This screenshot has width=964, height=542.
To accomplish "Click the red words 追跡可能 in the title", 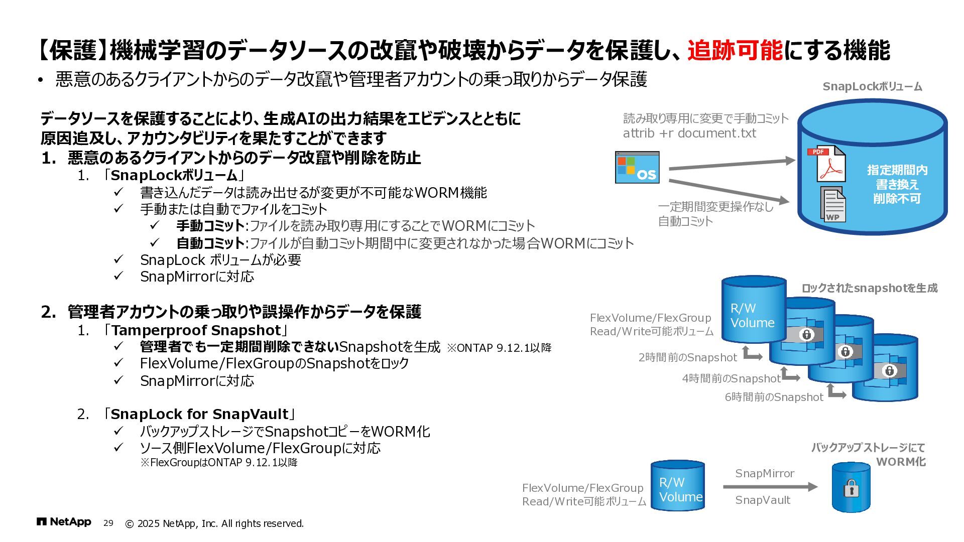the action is (735, 51).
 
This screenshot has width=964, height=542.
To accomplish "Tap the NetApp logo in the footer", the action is (64, 522).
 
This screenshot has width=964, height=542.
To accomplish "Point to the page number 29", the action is (108, 523).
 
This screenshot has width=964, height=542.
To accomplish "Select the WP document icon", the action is (833, 204).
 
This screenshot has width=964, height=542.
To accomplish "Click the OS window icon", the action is (637, 168).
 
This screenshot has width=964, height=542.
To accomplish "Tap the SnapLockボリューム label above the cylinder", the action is (872, 87).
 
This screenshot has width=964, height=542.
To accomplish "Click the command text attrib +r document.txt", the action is (689, 133).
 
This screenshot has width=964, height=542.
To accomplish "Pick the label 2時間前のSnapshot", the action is (687, 358).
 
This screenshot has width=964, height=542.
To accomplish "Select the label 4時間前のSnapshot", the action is (731, 379).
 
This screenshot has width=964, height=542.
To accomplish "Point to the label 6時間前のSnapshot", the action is (774, 397).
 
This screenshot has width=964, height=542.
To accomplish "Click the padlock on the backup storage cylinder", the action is (851, 488).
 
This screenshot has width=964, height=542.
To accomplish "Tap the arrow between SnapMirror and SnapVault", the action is (770, 487).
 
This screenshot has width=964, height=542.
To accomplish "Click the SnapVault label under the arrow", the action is (763, 500).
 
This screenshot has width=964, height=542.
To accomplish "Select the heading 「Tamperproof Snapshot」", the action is (195, 330).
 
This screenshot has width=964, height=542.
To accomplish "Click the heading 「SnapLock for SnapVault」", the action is (199, 414).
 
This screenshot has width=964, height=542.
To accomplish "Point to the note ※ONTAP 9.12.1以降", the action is (499, 348).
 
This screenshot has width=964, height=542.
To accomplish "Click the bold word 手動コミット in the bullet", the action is (210, 226).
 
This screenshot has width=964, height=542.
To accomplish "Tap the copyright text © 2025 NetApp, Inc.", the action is (214, 524).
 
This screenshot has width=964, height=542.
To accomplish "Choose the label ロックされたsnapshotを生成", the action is (869, 289).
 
